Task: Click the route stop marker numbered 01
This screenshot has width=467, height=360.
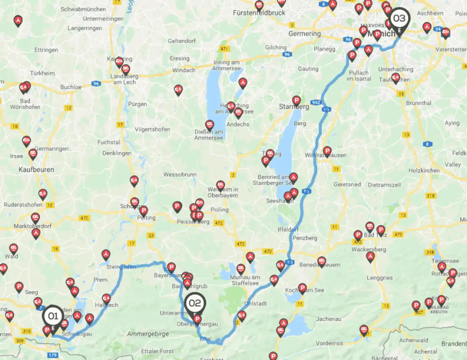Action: (53, 316)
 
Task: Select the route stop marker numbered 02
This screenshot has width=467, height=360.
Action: (195, 303)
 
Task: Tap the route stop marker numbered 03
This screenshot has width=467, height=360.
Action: (399, 18)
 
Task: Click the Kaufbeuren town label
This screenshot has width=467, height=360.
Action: (36, 170)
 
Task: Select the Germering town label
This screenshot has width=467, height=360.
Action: (304, 34)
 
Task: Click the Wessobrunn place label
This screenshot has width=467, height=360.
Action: (180, 175)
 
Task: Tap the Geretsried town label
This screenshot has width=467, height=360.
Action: (347, 184)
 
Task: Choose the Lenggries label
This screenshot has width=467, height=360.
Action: (380, 278)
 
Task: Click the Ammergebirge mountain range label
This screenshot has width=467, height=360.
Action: (148, 334)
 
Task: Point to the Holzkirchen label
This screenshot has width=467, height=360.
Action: (424, 171)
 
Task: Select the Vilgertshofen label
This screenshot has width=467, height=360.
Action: (152, 129)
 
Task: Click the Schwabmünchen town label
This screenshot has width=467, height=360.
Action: (83, 9)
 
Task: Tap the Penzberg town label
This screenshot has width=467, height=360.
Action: (305, 238)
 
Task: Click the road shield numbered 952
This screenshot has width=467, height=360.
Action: (316, 102)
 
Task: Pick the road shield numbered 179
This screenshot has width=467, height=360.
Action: (53, 355)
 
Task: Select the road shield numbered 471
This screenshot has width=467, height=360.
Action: (224, 49)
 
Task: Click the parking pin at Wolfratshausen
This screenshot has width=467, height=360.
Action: (327, 151)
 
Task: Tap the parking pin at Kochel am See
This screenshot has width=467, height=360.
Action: (302, 288)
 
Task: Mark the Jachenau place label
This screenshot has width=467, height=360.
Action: (329, 319)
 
